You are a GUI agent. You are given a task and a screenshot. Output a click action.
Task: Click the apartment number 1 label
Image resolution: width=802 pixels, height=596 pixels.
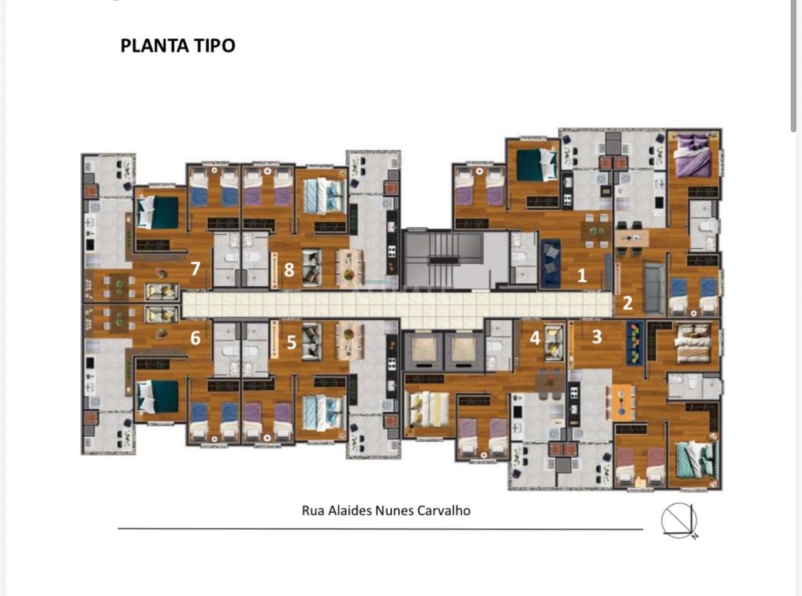pos(582,276)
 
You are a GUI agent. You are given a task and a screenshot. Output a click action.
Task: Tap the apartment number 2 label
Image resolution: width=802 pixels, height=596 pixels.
pos(627,303)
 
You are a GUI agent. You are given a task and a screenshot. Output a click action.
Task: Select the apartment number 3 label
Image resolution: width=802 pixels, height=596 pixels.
pos(597,337)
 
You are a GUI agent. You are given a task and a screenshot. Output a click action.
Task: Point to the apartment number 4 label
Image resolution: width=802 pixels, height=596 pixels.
pos(535,338)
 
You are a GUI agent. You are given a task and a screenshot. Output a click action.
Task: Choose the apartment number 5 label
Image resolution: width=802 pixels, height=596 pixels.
pos(291,342)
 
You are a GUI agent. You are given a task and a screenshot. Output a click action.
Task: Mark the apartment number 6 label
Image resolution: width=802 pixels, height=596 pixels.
pos(195,338)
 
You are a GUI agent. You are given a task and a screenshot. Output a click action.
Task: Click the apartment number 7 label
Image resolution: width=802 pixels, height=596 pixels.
pos(195,268)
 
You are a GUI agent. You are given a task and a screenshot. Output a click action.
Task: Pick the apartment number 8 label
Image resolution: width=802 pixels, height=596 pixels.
pos(289,269)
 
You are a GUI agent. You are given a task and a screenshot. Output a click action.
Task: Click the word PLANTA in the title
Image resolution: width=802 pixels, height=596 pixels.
pos(155,46)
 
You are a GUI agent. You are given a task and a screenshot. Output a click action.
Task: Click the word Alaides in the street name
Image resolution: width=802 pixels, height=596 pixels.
pos(350,511)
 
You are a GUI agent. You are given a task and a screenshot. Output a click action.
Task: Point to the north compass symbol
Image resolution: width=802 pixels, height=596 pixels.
pos(679,521)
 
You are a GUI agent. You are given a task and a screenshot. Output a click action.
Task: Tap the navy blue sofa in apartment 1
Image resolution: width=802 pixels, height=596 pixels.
pos(550,263)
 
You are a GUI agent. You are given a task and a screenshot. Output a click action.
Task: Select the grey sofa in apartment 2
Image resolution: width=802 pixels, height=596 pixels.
pos(655,288)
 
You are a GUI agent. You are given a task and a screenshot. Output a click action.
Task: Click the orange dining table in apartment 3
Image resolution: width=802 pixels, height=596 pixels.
pos(621,402)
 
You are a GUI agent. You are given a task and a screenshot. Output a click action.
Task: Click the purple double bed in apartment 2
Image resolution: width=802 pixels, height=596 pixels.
pos(692,155)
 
